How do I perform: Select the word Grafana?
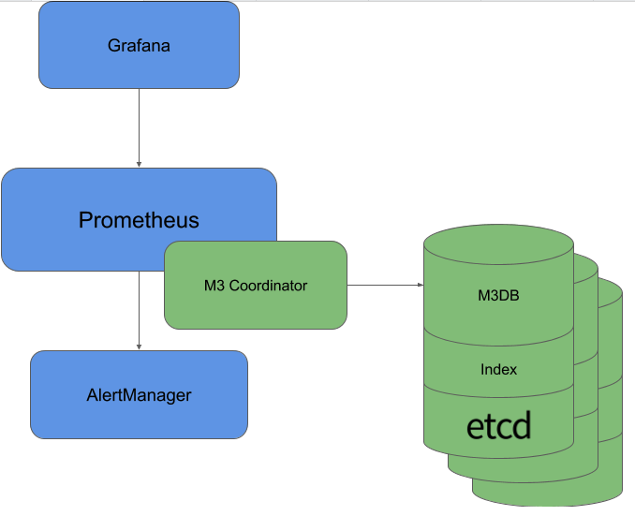(139, 45)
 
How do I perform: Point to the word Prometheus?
(139, 220)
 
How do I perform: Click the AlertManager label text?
(139, 395)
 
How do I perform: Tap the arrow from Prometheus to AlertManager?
(139, 309)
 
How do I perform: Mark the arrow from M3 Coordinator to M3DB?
(384, 285)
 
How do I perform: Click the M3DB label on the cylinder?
(498, 297)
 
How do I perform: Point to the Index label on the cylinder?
(498, 369)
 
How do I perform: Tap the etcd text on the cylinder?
(498, 426)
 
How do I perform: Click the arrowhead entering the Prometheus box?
(139, 163)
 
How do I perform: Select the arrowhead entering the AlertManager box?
(139, 346)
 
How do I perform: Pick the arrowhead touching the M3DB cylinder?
(419, 285)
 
